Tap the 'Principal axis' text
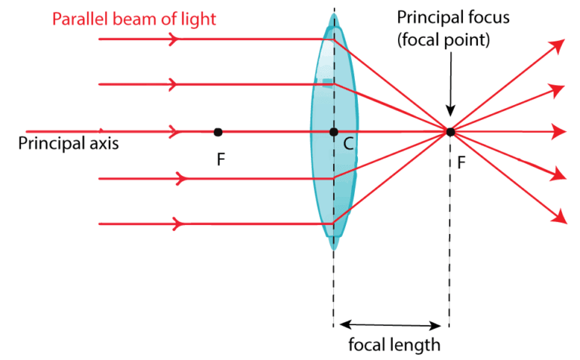tap(69, 143)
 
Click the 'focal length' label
tap(394, 346)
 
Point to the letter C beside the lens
tap(348, 146)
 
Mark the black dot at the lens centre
tap(333, 132)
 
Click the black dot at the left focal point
tap(218, 132)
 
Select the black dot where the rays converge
tap(450, 132)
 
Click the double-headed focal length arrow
tap(390, 326)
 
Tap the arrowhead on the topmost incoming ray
tap(175, 38)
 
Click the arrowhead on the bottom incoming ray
tap(180, 224)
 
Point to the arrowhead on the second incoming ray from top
tap(175, 85)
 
